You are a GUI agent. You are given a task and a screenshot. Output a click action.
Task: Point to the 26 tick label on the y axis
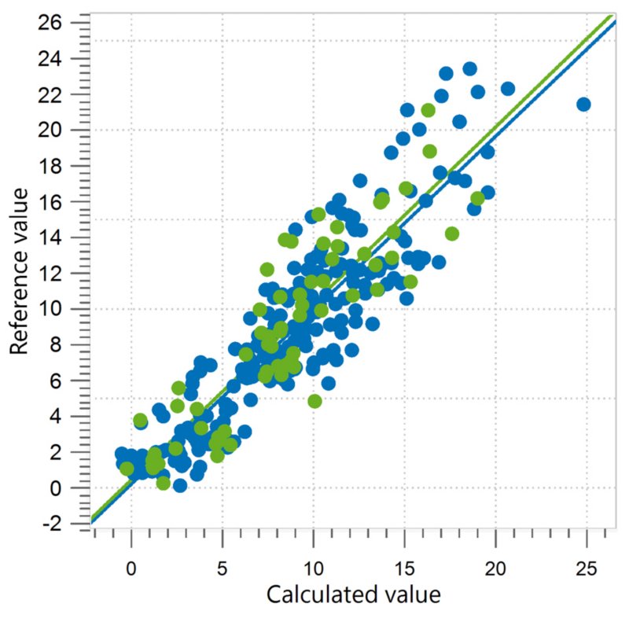coord(61,22)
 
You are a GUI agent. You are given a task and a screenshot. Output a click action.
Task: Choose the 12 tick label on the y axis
coord(61,273)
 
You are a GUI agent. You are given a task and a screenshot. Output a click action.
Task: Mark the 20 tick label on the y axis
coord(61,130)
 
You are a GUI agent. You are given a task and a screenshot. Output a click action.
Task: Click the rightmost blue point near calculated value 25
coord(583,104)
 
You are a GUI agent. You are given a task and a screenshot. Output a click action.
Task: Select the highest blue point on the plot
coord(470,69)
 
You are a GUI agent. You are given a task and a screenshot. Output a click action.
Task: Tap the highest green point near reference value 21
coord(428,111)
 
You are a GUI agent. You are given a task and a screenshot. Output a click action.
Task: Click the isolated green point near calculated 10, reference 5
coord(314,401)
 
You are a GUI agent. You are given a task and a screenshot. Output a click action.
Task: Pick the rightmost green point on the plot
coord(477,198)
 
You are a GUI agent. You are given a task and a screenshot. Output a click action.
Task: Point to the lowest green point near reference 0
coord(163,483)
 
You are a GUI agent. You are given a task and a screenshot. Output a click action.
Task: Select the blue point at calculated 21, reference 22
coord(508,89)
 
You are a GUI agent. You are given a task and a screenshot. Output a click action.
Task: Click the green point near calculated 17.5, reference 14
coord(451,234)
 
